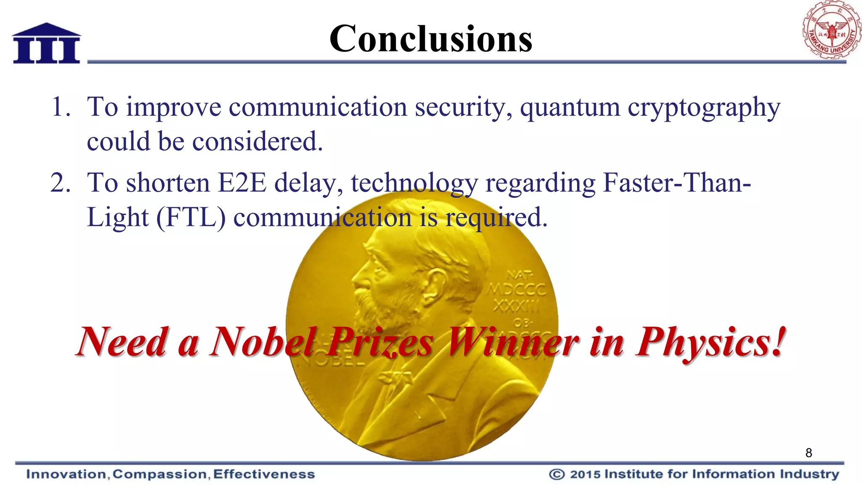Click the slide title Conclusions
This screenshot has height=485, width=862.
click(431, 39)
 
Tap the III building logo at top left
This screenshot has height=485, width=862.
click(46, 43)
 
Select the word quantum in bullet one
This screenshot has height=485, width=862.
click(570, 107)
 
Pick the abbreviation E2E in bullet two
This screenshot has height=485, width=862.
click(242, 183)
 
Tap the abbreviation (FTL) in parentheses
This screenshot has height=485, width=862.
click(191, 218)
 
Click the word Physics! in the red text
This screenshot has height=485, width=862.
click(711, 342)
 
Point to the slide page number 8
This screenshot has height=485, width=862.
click(809, 453)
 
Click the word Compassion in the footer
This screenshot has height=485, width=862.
click(160, 474)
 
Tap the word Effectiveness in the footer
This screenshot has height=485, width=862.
click(264, 474)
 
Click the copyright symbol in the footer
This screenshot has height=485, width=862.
click(556, 474)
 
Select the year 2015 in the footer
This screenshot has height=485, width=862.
click(585, 474)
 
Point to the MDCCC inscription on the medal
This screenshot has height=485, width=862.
click(517, 290)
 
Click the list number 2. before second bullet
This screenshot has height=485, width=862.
click(61, 183)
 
